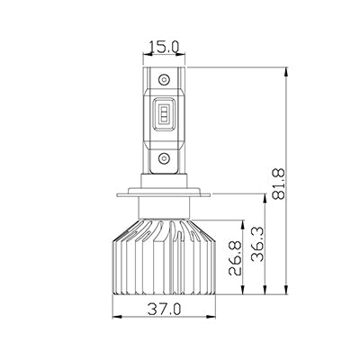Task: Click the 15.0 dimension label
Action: (x=164, y=47)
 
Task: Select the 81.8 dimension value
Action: (x=278, y=184)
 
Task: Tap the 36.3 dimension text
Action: (x=258, y=244)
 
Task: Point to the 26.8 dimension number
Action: (x=235, y=257)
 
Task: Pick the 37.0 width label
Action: (x=165, y=309)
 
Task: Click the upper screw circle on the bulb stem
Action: (x=164, y=80)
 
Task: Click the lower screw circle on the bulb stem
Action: (x=164, y=157)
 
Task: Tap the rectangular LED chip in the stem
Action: (x=164, y=114)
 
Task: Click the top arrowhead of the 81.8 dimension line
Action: (x=287, y=72)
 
